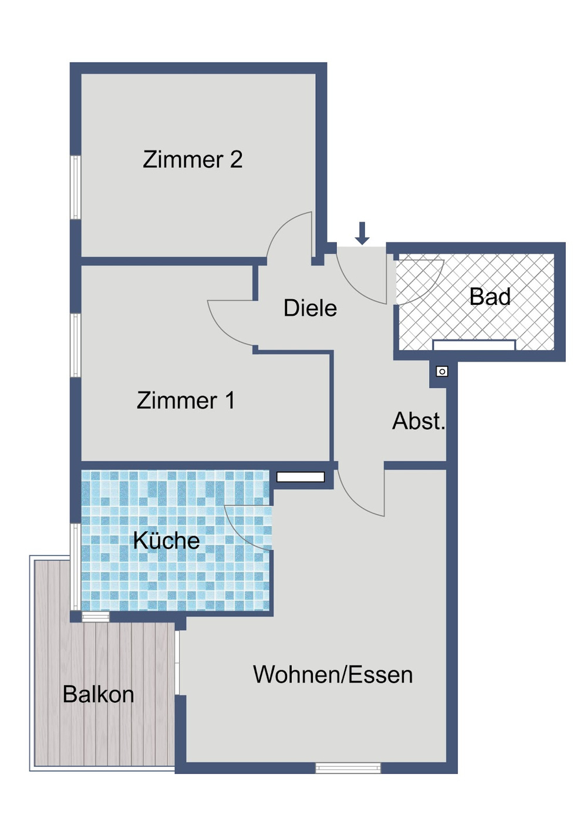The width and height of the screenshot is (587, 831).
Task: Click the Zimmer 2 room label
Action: coord(193,160)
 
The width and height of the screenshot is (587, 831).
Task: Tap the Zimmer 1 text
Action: coord(185,401)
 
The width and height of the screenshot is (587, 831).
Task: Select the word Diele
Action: coord(310,308)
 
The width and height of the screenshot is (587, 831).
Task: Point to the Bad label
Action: coord(490,297)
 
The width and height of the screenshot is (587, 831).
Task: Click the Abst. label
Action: coord(419,421)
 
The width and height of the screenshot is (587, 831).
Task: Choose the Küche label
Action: coord(166,540)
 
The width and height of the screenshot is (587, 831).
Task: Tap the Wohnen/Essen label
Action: coord(333,675)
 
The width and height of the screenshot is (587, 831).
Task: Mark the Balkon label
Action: coord(98,695)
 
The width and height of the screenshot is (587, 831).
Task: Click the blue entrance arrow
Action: coord(362,233)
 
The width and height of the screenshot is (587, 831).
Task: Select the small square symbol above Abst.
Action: coord(442,371)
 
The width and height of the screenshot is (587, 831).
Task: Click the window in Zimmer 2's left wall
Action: coord(75,187)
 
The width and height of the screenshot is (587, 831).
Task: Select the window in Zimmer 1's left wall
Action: coord(75,345)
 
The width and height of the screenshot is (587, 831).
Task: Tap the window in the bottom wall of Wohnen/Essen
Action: coord(348,768)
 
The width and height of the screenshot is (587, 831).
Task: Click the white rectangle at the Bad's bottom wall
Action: coord(474,345)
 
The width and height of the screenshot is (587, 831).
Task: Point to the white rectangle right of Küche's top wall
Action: coord(301,477)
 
